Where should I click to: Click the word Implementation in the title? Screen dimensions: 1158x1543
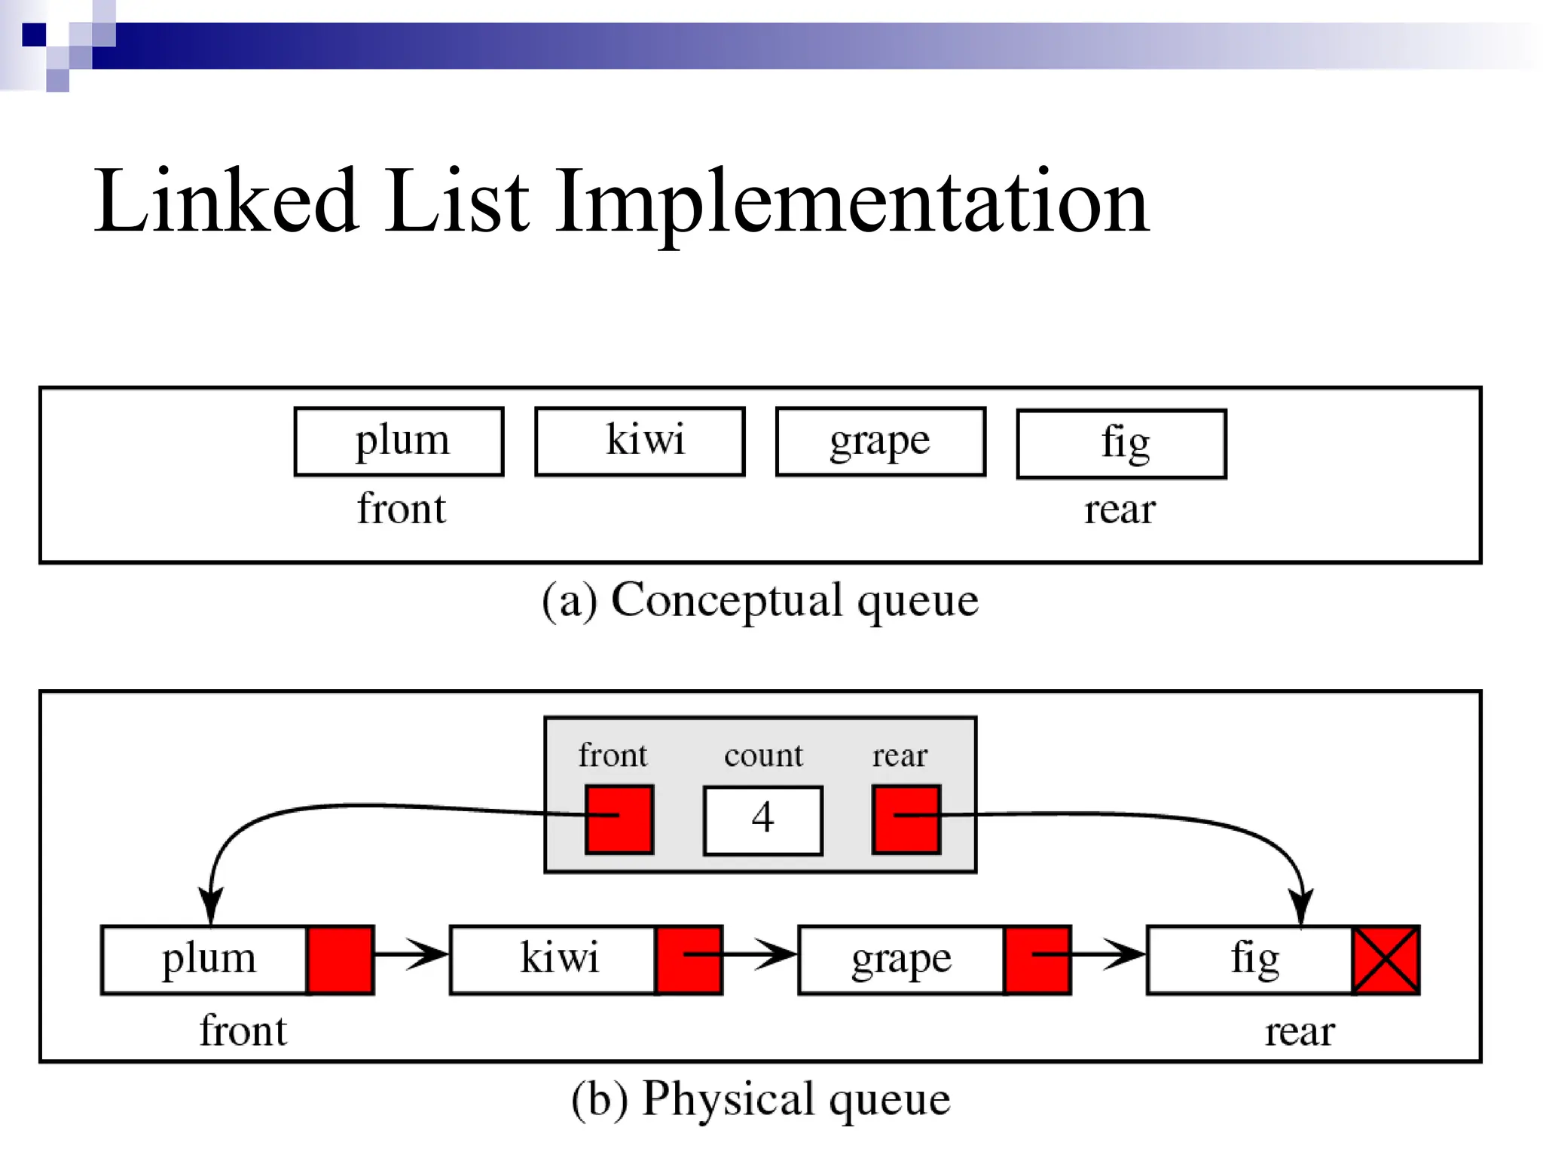point(851,202)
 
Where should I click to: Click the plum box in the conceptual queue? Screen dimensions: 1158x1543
point(399,442)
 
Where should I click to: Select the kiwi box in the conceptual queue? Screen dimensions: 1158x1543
point(640,442)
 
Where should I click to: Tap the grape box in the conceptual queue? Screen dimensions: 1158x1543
point(880,442)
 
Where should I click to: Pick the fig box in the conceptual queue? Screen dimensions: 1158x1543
point(1121,444)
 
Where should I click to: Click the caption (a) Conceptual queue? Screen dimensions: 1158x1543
point(759,601)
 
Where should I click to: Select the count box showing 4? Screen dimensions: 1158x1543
point(762,820)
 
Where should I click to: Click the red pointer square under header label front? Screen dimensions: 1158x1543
point(619,819)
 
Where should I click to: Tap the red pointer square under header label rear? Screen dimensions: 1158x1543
point(906,819)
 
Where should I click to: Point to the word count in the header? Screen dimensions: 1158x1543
point(763,755)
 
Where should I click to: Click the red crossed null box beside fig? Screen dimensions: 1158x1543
point(1386,960)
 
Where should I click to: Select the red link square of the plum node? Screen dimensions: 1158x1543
point(341,960)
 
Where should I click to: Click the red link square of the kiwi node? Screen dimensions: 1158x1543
point(689,960)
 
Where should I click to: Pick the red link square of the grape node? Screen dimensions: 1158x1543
point(1037,960)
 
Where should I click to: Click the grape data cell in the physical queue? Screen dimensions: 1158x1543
point(901,960)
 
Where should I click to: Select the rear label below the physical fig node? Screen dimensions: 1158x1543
point(1299,1032)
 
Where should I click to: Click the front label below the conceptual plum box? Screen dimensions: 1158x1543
point(401,509)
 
